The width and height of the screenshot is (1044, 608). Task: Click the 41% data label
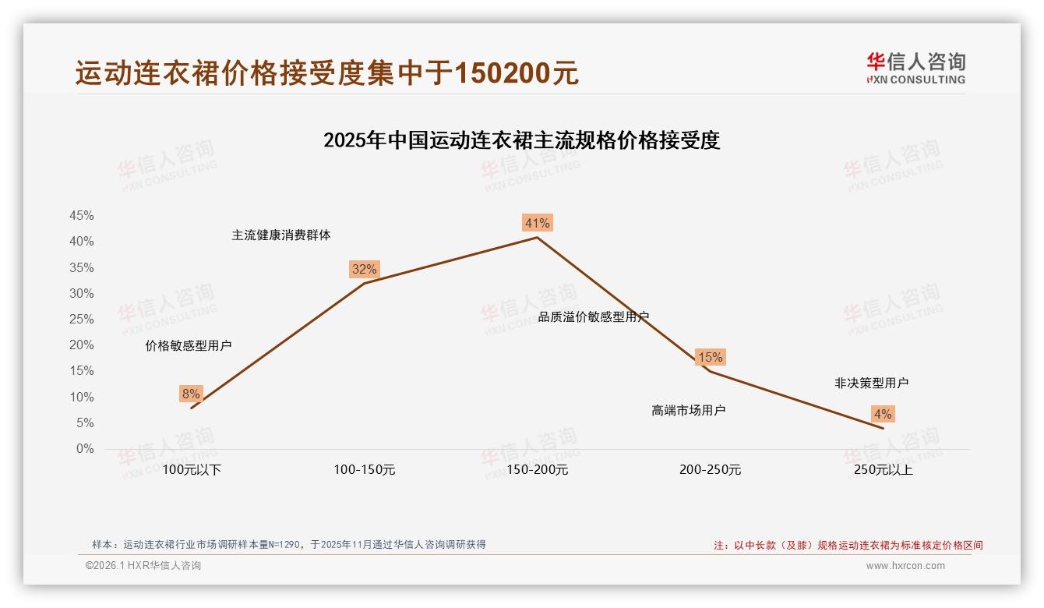[x=538, y=224]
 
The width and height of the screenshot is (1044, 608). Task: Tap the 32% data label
[x=364, y=270]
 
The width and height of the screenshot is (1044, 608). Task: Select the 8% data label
[x=191, y=394]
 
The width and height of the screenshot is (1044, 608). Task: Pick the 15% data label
[x=710, y=358]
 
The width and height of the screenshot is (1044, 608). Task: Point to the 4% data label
[x=883, y=415]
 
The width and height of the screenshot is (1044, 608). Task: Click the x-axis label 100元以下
[x=192, y=470]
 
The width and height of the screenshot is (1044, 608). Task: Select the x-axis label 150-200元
[x=538, y=470]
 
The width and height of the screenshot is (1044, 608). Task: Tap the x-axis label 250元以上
[x=883, y=470]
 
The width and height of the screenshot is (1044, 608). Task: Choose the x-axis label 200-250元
[x=710, y=470]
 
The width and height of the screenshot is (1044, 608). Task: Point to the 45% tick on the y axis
[x=82, y=216]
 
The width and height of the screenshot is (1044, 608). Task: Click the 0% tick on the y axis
[x=85, y=449]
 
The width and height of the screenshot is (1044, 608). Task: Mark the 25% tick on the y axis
[x=82, y=320]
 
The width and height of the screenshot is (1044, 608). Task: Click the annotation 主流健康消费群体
[x=281, y=235]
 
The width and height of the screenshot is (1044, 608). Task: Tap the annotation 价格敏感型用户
[x=189, y=346]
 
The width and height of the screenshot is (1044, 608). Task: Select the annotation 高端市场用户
[x=689, y=410]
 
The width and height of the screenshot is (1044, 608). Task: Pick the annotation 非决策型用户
[x=871, y=384]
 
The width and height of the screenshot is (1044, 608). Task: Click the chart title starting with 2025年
[x=521, y=140]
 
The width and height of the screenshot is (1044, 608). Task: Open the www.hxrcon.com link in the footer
[x=905, y=566]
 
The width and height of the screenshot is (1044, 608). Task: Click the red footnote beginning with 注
[x=848, y=546]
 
